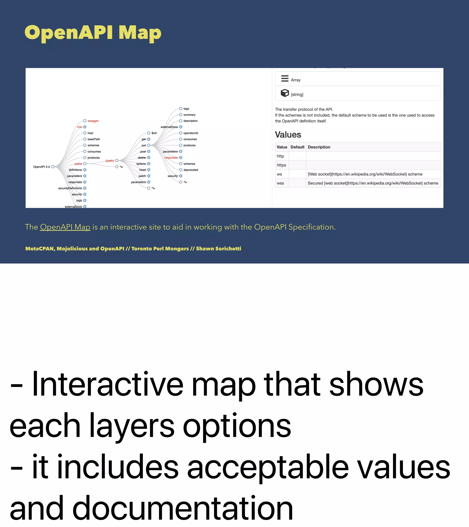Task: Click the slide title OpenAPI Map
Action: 93,33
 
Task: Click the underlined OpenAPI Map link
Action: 65,227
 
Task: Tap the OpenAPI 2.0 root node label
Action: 41,167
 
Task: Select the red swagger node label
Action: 93,121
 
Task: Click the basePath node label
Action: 93,139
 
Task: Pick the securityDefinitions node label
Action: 70,188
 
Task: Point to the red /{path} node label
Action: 110,161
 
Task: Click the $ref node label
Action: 154,133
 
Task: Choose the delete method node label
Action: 142,158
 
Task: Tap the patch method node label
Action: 142,176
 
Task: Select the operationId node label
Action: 191,133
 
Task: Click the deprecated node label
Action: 191,170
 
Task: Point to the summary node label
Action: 189,115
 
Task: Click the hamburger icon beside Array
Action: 285,78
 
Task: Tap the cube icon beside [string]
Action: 285,93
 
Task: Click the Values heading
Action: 288,134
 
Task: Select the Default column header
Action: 297,147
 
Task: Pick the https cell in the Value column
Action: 281,165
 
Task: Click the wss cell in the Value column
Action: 280,183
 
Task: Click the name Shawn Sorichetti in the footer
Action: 218,249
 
